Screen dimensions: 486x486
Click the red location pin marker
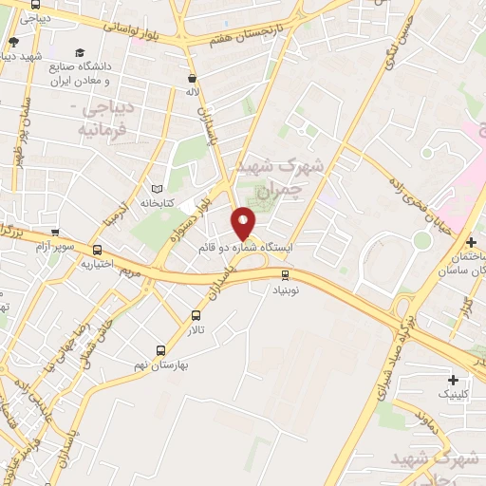[244, 222]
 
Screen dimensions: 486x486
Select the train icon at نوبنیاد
[284, 275]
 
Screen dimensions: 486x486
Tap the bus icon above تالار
[196, 315]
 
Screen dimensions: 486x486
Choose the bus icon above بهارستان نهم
[160, 349]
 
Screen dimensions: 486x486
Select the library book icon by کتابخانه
[157, 188]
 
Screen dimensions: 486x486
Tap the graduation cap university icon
[80, 53]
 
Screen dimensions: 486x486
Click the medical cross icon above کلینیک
[453, 380]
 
